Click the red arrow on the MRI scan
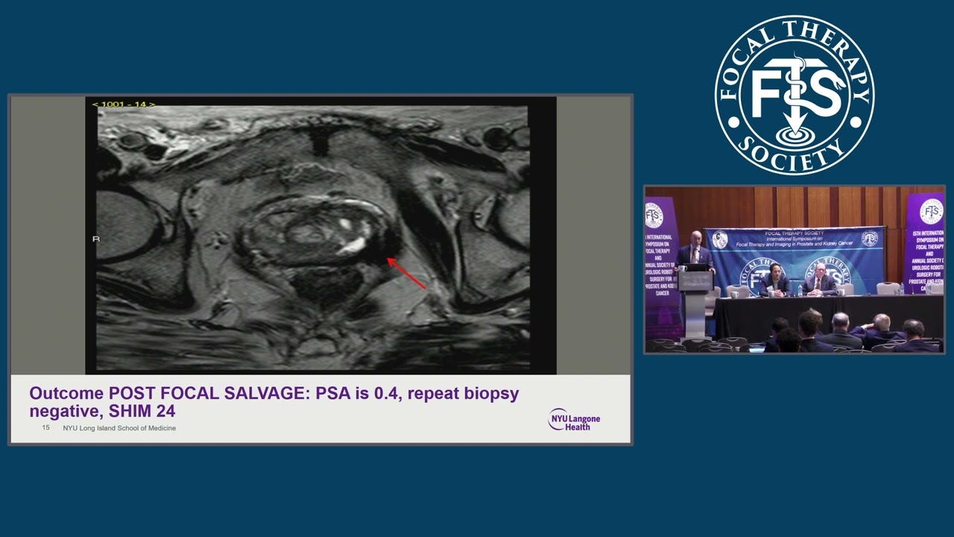pos(406,273)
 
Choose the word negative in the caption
pos(62,410)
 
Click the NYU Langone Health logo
pos(574,419)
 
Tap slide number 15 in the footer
pos(45,428)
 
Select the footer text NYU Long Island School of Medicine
pos(119,428)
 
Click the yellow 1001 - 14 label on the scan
pos(123,104)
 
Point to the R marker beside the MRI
pos(95,239)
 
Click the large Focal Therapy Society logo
pos(795,95)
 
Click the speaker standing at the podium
pos(695,254)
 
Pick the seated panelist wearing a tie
pos(820,280)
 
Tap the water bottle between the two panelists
pos(799,289)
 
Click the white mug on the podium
pos(682,268)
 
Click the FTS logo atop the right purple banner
pos(931,211)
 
